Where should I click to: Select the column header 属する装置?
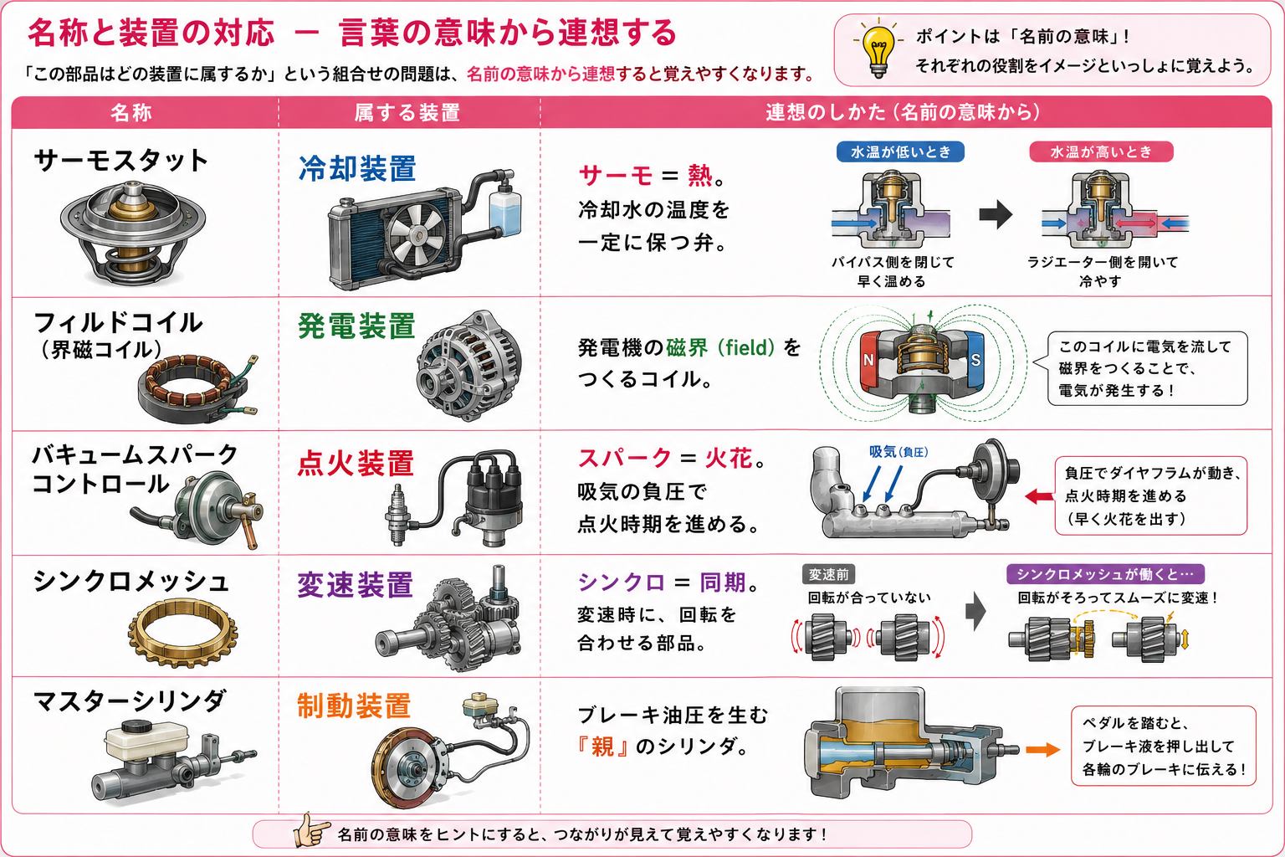(x=407, y=112)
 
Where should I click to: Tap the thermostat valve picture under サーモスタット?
(x=132, y=233)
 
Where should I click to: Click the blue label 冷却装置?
(x=357, y=169)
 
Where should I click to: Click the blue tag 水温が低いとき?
(x=900, y=151)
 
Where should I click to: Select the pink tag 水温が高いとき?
(x=1101, y=151)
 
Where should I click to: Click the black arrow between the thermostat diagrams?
(x=996, y=215)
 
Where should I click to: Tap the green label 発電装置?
(x=357, y=326)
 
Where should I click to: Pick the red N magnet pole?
(x=870, y=359)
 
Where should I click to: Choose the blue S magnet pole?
(x=975, y=359)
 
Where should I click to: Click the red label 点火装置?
(x=356, y=463)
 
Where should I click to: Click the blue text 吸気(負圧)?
(x=898, y=452)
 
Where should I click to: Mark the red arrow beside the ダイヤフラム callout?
(x=1039, y=496)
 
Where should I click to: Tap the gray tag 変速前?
(x=828, y=574)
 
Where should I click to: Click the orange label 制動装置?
(x=355, y=706)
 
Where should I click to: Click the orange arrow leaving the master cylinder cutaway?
(x=1043, y=749)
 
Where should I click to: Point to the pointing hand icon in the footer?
(x=311, y=830)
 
